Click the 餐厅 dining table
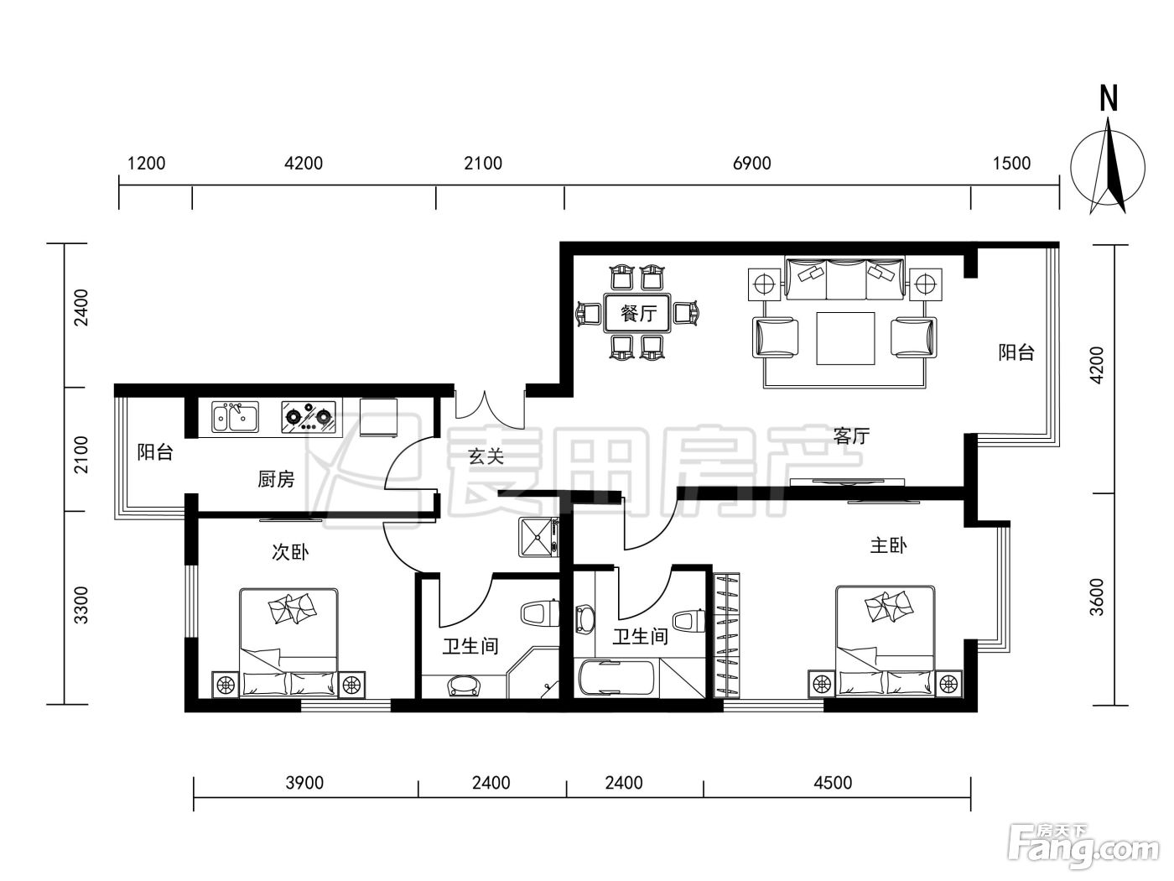[x=637, y=312]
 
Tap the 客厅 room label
[x=851, y=436]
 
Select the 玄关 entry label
[x=486, y=456]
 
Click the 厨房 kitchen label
[x=276, y=479]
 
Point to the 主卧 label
[x=888, y=545]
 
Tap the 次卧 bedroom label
[x=290, y=552]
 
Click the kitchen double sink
[x=235, y=417]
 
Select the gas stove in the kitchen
[x=309, y=417]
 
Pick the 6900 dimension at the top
[x=751, y=163]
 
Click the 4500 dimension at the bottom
[x=832, y=783]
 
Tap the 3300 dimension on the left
[x=81, y=605]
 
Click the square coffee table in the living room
[x=845, y=339]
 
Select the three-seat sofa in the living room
[x=845, y=279]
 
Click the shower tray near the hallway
[x=538, y=538]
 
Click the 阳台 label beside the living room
[x=1016, y=352]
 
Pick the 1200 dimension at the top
[x=146, y=163]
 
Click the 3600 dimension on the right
[x=1096, y=597]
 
